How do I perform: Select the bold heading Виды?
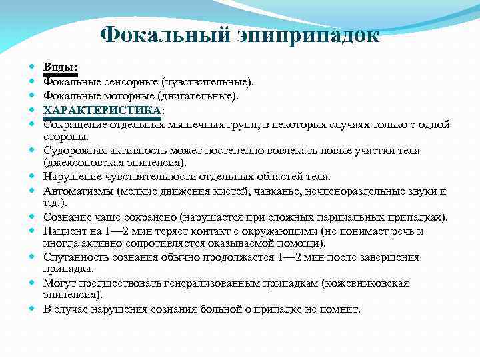click(60, 68)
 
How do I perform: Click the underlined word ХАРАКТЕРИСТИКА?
click(102, 110)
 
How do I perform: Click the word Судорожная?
click(74, 151)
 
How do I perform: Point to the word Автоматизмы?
click(77, 191)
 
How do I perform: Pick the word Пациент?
click(64, 231)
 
